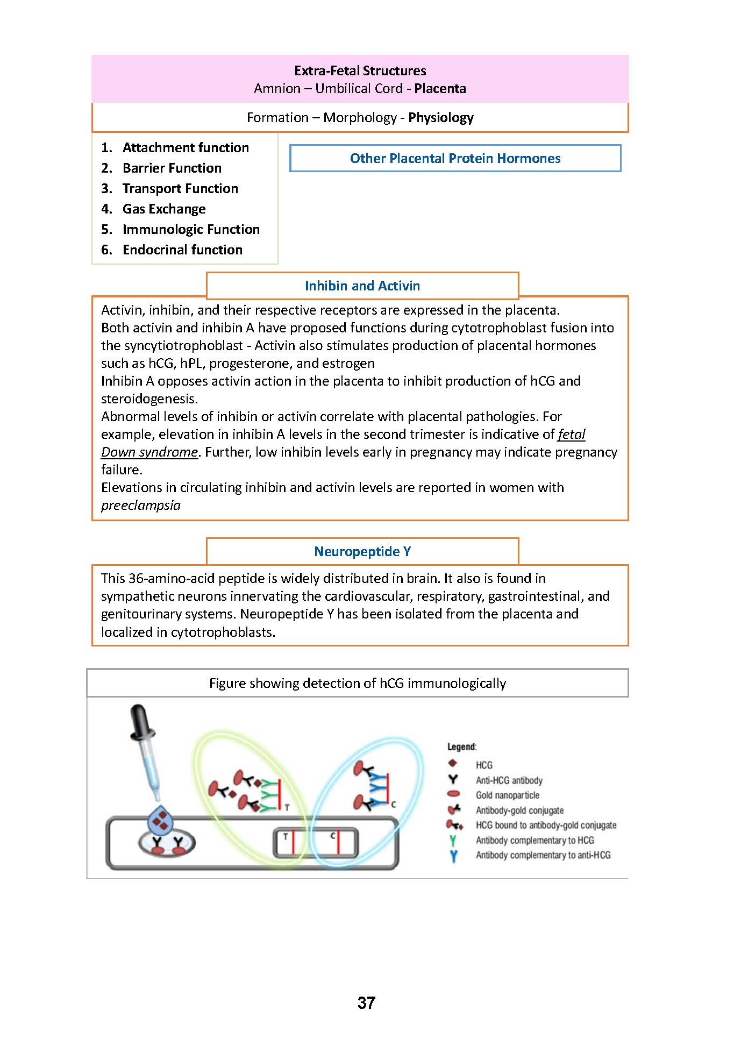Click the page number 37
[x=366, y=1003]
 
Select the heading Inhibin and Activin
[x=362, y=286]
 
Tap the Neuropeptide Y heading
[x=362, y=551]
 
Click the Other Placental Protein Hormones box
[x=455, y=158]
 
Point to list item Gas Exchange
[x=164, y=209]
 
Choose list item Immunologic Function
[x=191, y=229]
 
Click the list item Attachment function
[x=186, y=147]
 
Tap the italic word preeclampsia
[x=141, y=505]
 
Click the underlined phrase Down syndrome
[x=149, y=452]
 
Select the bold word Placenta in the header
[x=440, y=88]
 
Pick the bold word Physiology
[x=441, y=117]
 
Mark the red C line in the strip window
[x=338, y=843]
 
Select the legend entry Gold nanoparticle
[x=507, y=795]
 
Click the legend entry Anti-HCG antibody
[x=509, y=780]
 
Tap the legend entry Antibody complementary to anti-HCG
[x=543, y=855]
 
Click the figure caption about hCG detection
[x=357, y=683]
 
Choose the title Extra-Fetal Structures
[x=360, y=70]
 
